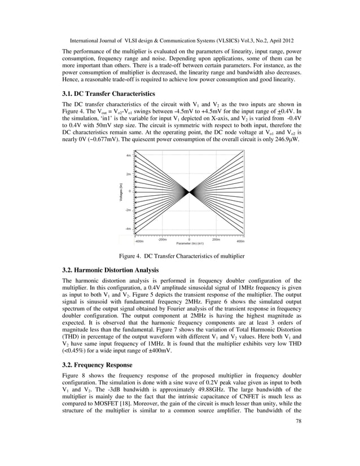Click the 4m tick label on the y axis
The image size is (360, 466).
click(x=129, y=155)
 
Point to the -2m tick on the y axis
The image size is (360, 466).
click(x=129, y=210)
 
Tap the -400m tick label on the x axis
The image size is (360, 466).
click(x=139, y=241)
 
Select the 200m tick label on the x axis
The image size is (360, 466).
click(x=216, y=239)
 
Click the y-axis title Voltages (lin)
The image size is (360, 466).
click(x=121, y=192)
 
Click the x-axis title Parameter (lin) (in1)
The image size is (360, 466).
click(x=190, y=243)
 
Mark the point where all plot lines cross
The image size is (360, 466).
click(x=189, y=192)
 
